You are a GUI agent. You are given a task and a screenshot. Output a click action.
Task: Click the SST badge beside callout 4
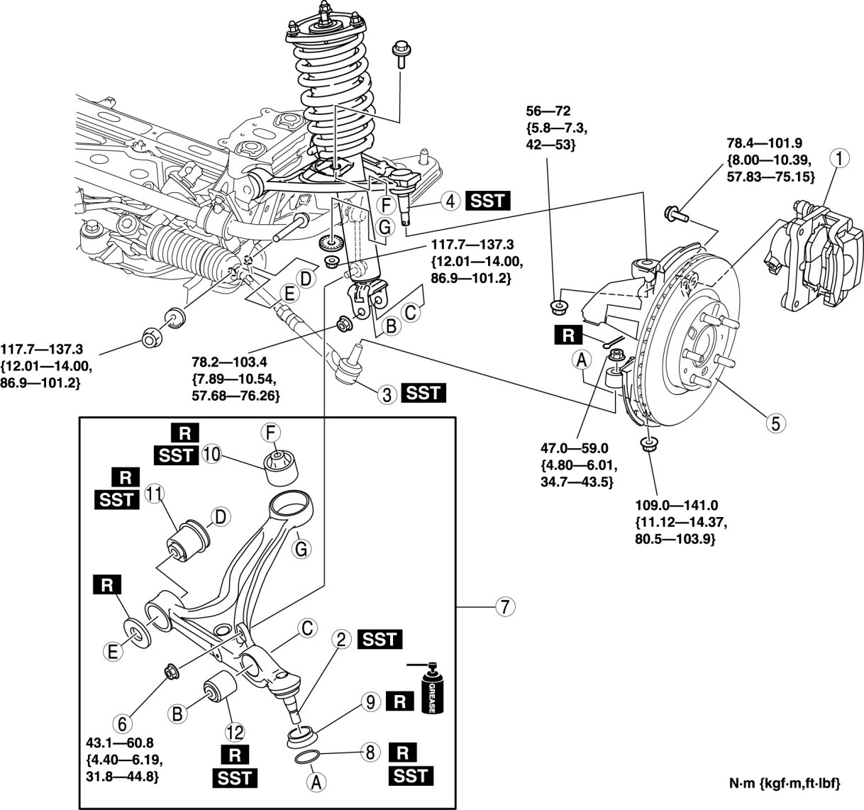(487, 201)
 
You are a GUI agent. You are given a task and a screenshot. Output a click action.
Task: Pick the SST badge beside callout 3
(423, 393)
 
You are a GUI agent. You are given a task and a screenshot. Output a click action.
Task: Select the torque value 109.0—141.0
(677, 506)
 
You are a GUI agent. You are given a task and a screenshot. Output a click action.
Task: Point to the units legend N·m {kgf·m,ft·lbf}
(784, 784)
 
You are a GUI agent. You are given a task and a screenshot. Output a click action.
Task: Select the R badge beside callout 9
(400, 701)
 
